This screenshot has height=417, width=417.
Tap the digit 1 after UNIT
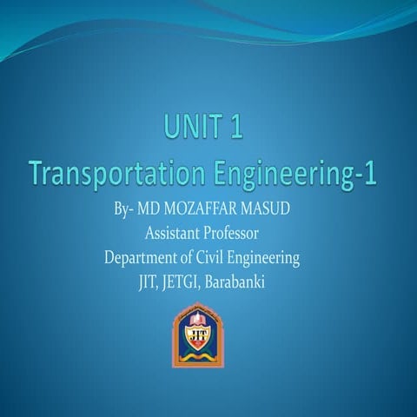[233, 130]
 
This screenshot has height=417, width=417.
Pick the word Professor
[233, 234]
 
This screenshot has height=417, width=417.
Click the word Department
[141, 258]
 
